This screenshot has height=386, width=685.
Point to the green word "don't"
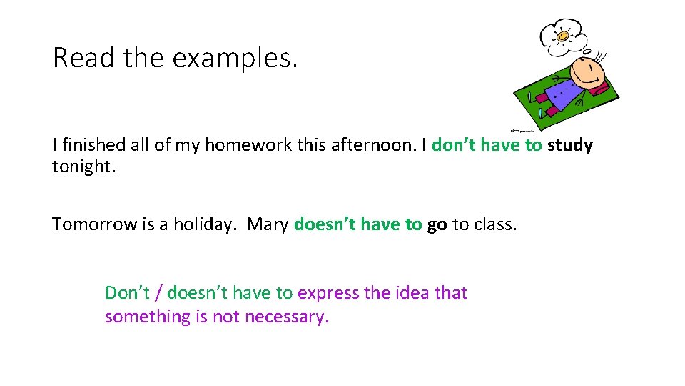(x=454, y=146)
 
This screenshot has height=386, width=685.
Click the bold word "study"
(x=569, y=146)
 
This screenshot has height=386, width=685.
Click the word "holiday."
(x=205, y=224)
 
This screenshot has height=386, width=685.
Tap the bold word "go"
(x=437, y=224)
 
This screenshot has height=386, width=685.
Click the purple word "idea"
(x=410, y=293)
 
